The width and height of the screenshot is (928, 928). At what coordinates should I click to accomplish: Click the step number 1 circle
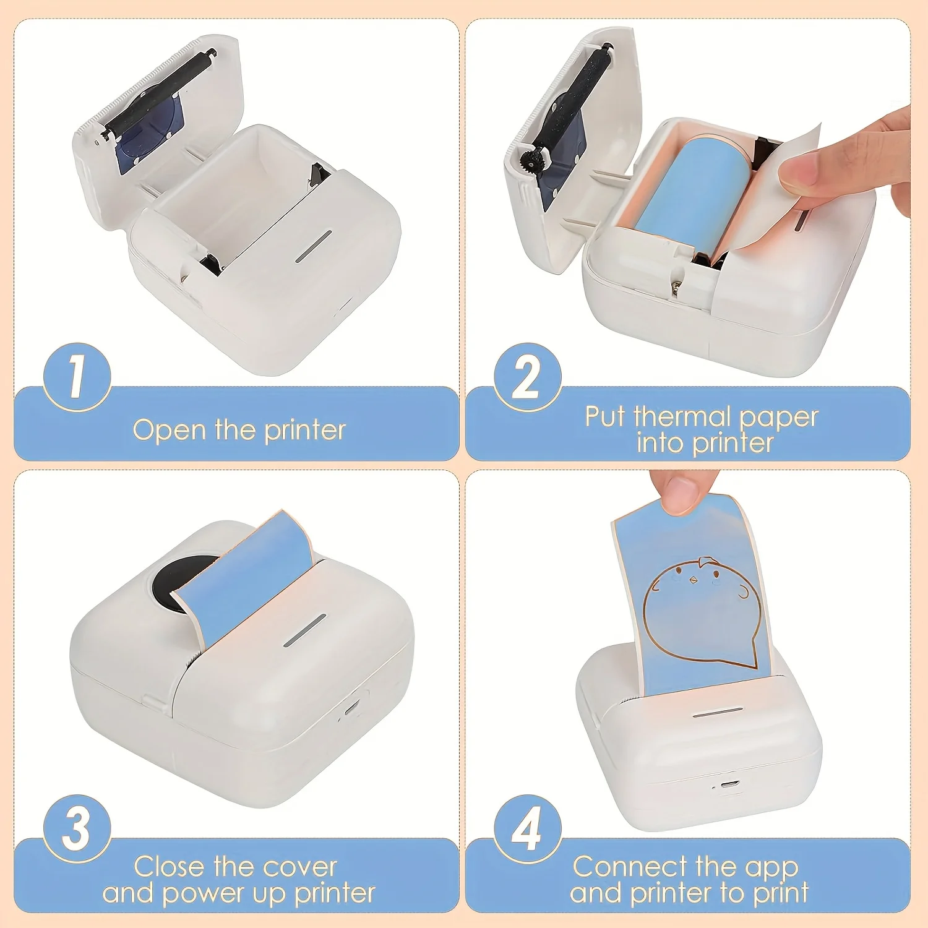pos(77,377)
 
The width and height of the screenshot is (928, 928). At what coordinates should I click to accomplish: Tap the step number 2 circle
pos(528,377)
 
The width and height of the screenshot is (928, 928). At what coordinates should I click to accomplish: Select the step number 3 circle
pos(77,829)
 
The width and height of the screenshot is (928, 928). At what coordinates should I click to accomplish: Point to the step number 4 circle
pos(528,829)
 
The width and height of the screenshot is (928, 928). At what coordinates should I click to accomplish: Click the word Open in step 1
pos(169,430)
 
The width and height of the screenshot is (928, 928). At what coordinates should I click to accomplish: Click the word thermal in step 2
pos(682,416)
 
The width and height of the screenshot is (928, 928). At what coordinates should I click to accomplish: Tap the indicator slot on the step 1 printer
pos(313,247)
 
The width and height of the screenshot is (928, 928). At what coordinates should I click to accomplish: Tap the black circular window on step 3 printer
pos(176,585)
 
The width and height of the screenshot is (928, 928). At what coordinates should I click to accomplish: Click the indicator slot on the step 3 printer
pos(304,631)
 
